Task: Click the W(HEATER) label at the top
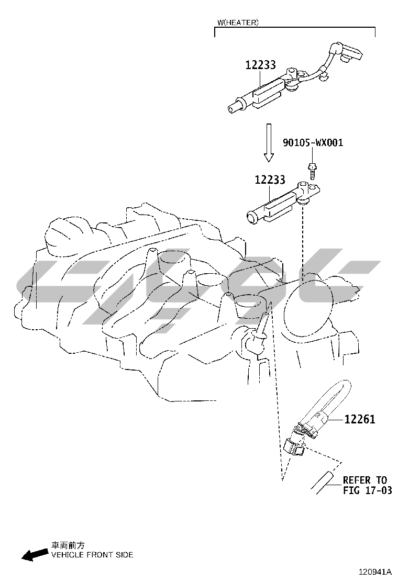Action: (238, 23)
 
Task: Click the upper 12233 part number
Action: (261, 65)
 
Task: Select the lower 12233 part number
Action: (270, 180)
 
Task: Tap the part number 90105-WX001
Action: (313, 142)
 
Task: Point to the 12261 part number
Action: (360, 419)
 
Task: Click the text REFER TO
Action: (365, 480)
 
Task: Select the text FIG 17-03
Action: (368, 490)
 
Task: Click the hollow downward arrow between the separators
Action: (268, 142)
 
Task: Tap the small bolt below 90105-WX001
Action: (311, 171)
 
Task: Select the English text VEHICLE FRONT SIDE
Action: (92, 555)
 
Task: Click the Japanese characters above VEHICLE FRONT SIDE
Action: (68, 545)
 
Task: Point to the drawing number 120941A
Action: (375, 571)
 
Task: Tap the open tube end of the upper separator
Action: (233, 108)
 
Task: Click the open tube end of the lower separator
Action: (252, 218)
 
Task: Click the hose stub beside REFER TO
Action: (323, 482)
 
